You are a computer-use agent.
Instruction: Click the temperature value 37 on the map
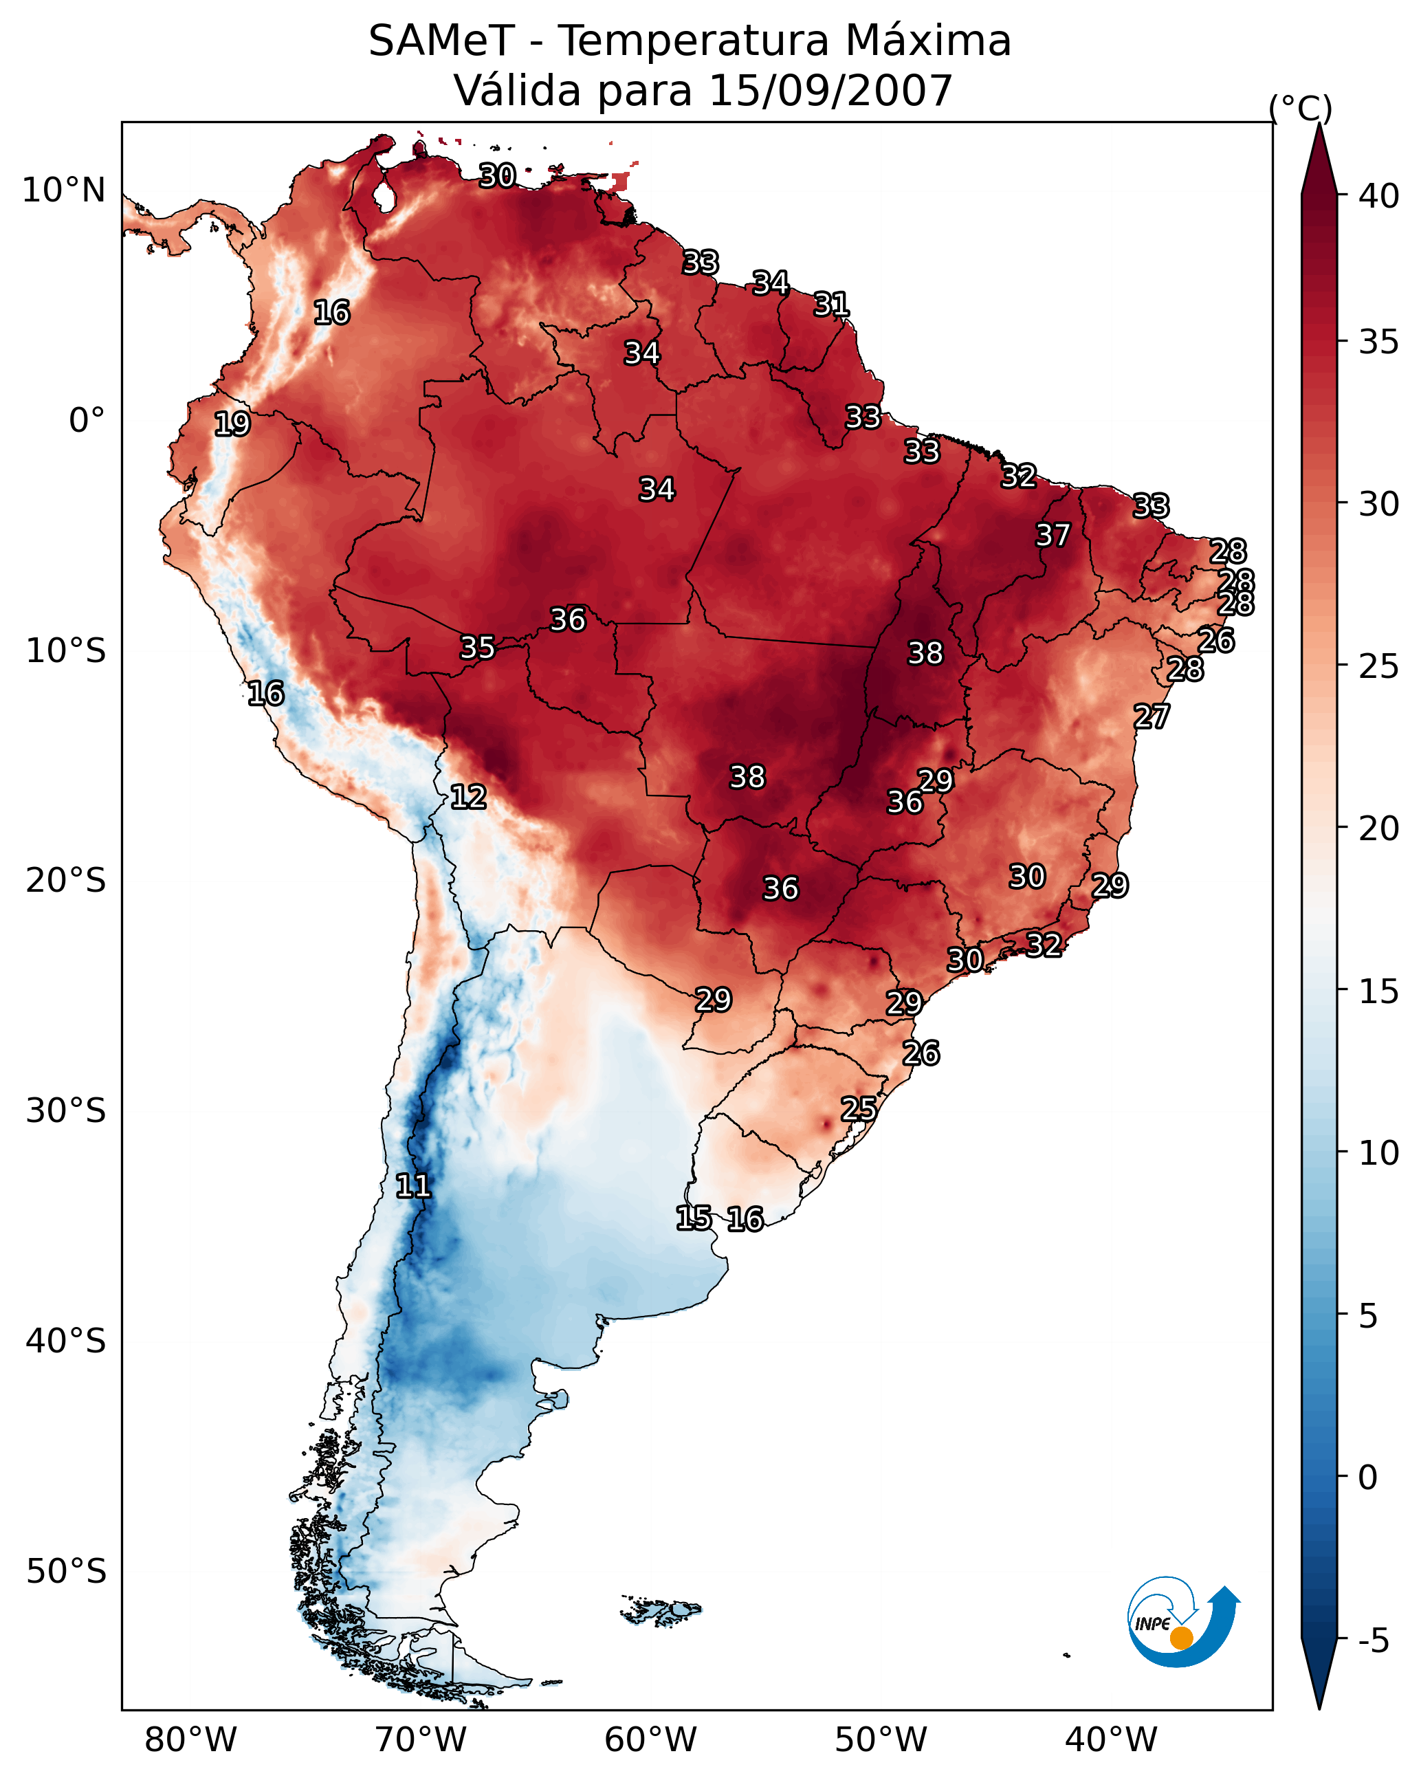[1053, 535]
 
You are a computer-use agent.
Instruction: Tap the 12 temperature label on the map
[467, 797]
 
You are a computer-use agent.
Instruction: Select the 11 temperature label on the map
[413, 1186]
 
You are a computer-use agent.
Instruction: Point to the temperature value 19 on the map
[232, 424]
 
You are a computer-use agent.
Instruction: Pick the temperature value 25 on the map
[859, 1108]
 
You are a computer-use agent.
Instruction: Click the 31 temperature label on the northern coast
[831, 305]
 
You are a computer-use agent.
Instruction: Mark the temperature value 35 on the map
[478, 648]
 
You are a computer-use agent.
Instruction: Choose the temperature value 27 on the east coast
[1152, 716]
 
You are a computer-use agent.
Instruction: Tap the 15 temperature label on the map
[693, 1218]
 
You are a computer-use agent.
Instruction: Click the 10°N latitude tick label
[63, 190]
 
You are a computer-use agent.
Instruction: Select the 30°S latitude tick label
[66, 1111]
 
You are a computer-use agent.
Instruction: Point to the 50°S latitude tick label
[66, 1571]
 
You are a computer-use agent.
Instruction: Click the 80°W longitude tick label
[190, 1740]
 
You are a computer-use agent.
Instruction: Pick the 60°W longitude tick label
[651, 1740]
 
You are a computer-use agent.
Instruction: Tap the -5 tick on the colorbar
[1373, 1641]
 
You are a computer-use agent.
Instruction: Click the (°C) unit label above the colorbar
[1301, 108]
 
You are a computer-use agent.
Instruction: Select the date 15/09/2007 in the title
[830, 90]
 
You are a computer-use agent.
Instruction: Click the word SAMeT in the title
[441, 41]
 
